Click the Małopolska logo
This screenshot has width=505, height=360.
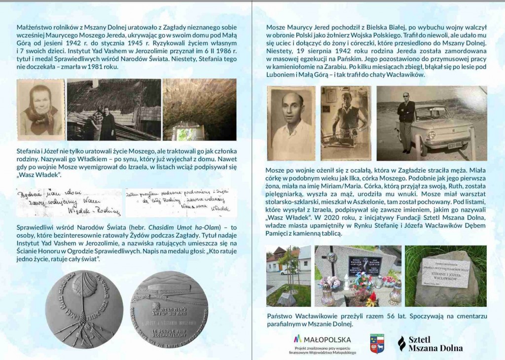[x=323, y=340]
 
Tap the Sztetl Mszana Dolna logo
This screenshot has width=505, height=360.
[x=430, y=344]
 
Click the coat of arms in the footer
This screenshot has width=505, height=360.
[x=377, y=343]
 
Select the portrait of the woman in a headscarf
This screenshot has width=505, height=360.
[x=40, y=109]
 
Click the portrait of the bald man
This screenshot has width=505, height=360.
[x=290, y=124]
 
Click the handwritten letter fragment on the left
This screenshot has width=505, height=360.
[x=69, y=203]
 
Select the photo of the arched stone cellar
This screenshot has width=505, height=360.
[x=192, y=109]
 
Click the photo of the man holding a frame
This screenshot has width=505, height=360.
[x=345, y=124]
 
